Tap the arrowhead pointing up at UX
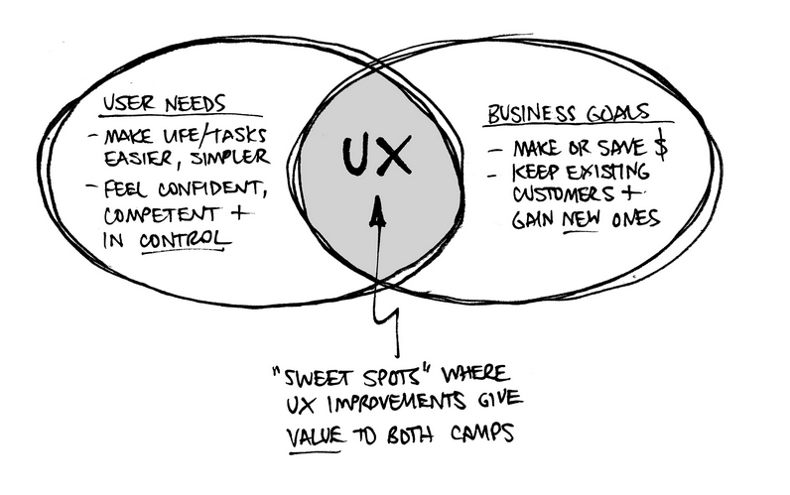379,210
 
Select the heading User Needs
166,103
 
